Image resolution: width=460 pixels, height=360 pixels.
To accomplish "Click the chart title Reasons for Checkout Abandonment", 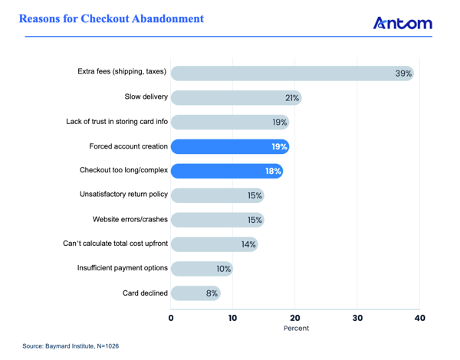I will pyautogui.click(x=111, y=18).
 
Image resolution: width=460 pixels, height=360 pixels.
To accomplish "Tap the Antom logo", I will pyautogui.click(x=402, y=23).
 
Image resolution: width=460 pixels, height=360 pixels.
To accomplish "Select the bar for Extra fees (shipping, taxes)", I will pyautogui.click(x=291, y=73).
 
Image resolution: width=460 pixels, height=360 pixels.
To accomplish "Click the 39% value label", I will pyautogui.click(x=403, y=74).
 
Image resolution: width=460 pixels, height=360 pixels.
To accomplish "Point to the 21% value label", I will pyautogui.click(x=291, y=98).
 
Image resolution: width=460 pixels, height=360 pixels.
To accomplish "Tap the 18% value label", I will pyautogui.click(x=273, y=172).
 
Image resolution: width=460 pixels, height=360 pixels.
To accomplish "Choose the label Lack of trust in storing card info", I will pyautogui.click(x=116, y=122).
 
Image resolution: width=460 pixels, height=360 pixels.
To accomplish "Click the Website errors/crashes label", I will pyautogui.click(x=130, y=220).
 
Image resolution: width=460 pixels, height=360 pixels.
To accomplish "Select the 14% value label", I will pyautogui.click(x=248, y=245).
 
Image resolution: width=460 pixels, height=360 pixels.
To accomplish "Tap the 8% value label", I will pyautogui.click(x=211, y=293).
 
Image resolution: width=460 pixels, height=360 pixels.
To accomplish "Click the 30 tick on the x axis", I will pyautogui.click(x=357, y=317).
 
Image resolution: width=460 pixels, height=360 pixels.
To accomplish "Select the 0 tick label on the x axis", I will pyautogui.click(x=171, y=317).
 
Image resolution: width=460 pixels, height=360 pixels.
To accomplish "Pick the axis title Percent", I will pyautogui.click(x=296, y=329).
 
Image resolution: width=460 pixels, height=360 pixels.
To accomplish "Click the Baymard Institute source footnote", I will pyautogui.click(x=71, y=346).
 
